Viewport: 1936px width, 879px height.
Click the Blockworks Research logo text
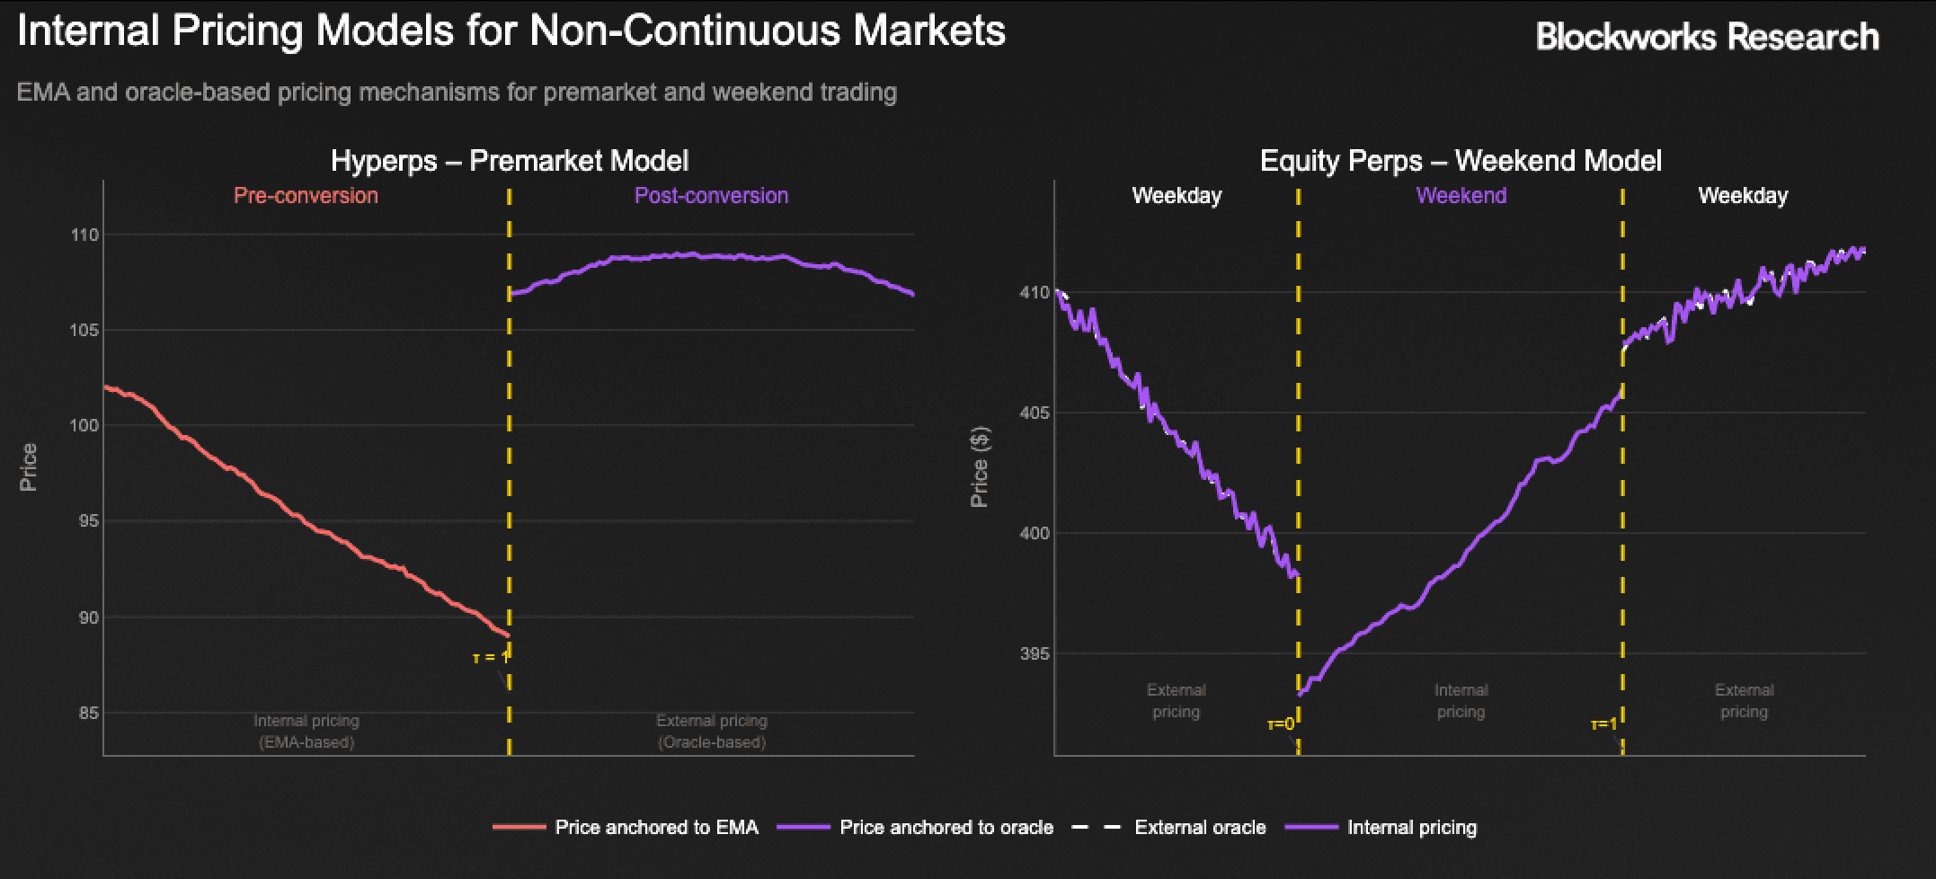[1707, 36]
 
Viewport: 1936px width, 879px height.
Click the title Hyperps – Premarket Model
[510, 161]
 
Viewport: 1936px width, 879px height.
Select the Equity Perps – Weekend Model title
[1461, 161]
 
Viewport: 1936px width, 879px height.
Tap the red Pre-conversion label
[306, 196]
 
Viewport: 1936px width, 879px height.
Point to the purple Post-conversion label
[711, 196]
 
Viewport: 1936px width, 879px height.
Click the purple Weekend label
[1461, 196]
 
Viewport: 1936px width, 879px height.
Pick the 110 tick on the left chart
[84, 235]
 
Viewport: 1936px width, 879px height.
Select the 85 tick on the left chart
[87, 714]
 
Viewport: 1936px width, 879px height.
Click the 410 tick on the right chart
[1034, 293]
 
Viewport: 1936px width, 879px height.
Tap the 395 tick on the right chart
[1034, 654]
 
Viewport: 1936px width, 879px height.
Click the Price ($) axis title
[980, 467]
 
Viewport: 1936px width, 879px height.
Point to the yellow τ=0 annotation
[1281, 724]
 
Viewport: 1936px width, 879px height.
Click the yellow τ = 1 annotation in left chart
[491, 658]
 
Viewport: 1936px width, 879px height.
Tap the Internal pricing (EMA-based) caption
[306, 732]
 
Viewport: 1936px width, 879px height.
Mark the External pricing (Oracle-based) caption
[711, 732]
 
